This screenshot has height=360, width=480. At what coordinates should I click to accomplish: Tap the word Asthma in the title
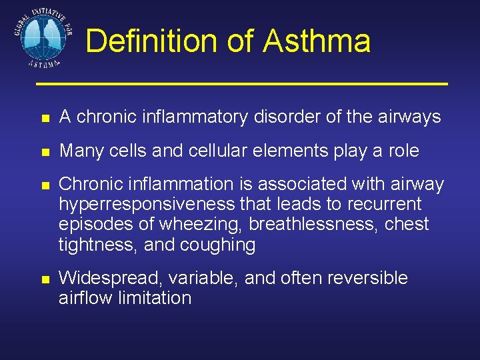pos(317,41)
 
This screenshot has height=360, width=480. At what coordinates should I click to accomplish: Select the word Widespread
pos(110,278)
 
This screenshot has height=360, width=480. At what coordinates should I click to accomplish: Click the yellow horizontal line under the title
pos(241,84)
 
